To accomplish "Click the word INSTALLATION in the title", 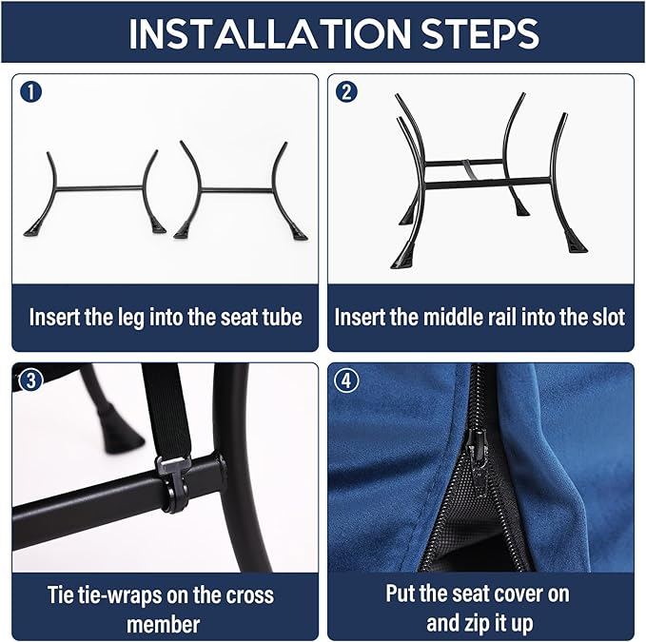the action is coord(269,33).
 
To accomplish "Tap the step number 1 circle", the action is coord(30,92).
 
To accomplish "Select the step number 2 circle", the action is coord(346,92).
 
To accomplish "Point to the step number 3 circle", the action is coord(30,380).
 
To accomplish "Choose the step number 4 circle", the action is coord(346,380).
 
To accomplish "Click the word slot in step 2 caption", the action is coord(609,317).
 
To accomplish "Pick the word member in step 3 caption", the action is coord(163,624).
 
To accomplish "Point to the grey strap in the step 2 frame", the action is coord(469,169).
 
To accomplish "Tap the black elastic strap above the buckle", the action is coord(165,412).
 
